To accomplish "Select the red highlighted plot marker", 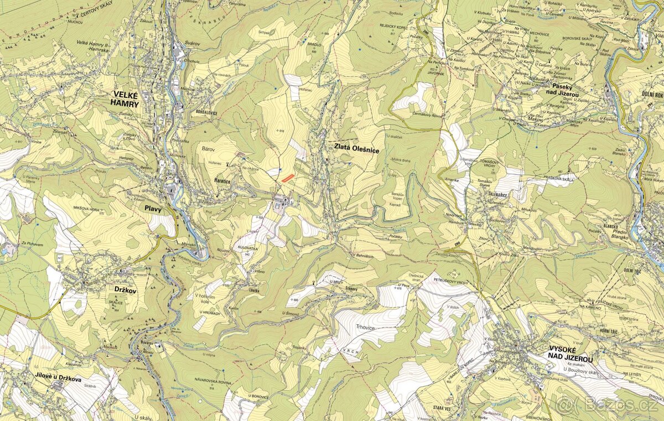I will [x=287, y=178].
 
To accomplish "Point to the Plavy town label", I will [x=153, y=209].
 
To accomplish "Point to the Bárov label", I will [x=209, y=148].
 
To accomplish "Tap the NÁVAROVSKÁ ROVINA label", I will [x=211, y=381].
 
